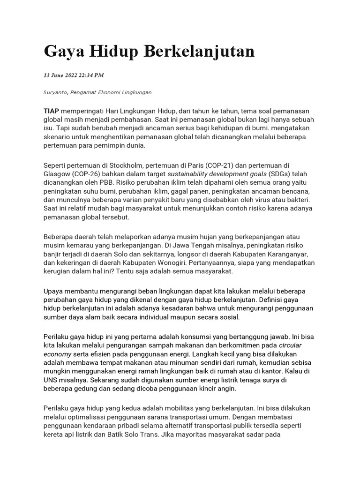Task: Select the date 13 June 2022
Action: point(60,75)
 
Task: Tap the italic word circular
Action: point(291,345)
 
